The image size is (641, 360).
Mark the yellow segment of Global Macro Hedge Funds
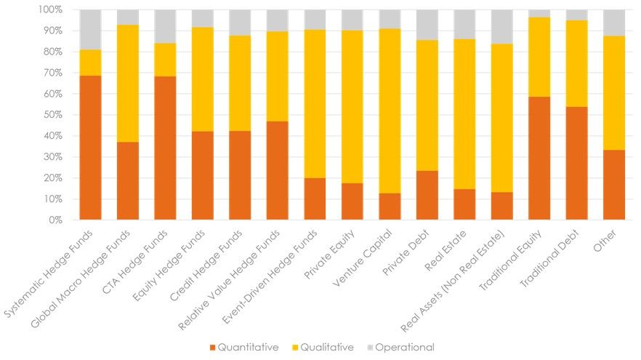point(128,84)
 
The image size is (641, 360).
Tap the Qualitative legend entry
point(323,347)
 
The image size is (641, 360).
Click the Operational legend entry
point(400,347)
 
